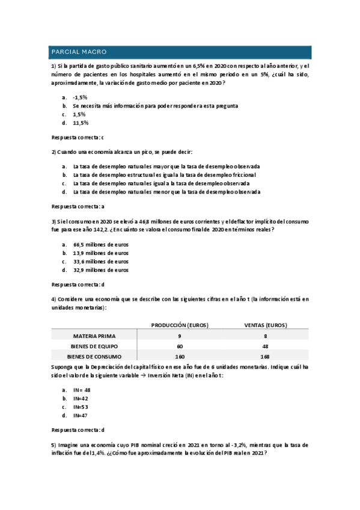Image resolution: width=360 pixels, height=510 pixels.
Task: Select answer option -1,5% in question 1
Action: point(80,97)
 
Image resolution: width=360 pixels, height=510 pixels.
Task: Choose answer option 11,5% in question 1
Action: point(81,123)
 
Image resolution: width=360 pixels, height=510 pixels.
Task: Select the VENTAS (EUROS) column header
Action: point(265,325)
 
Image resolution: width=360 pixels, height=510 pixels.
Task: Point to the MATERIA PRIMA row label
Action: point(94,336)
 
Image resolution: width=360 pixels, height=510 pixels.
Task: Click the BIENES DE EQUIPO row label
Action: point(94,346)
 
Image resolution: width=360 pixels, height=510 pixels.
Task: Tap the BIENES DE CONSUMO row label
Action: point(94,357)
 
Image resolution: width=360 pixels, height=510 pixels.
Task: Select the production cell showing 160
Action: point(179,357)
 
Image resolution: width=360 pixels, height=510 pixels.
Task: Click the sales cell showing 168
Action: point(265,357)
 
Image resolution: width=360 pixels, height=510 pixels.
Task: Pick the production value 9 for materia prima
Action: point(179,336)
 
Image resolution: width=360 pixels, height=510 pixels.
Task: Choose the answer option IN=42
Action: point(81,398)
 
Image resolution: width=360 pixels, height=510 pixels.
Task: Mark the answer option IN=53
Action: point(81,407)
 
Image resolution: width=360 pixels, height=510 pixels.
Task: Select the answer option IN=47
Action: point(81,415)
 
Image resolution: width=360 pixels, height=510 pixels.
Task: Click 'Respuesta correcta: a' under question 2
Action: point(78,206)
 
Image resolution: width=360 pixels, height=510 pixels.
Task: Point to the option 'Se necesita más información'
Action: point(155,105)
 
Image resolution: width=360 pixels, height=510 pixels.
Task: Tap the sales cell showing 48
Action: point(265,346)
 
